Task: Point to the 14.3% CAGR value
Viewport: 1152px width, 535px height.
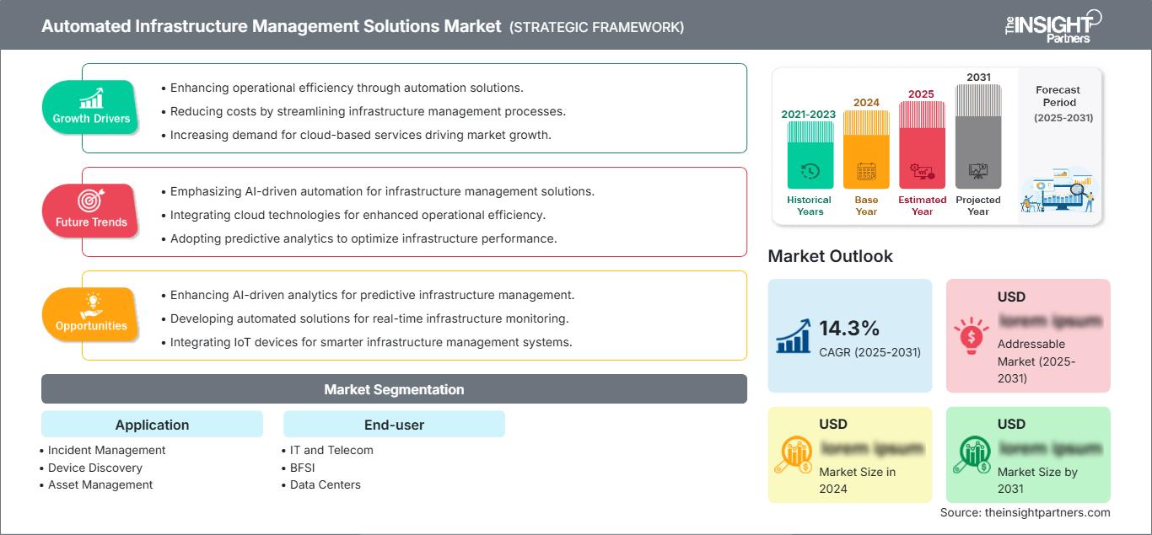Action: tap(849, 328)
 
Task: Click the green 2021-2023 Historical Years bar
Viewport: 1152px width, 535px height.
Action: tap(810, 155)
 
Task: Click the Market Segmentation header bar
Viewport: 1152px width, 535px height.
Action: tap(394, 389)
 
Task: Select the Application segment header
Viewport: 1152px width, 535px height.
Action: tap(152, 425)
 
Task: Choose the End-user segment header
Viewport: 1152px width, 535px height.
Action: tap(394, 425)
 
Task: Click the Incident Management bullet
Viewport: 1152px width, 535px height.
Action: tap(106, 450)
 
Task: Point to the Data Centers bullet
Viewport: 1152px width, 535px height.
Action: tap(325, 484)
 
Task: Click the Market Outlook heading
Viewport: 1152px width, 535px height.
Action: tap(830, 256)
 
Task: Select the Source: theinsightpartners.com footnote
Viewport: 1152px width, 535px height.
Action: tap(1025, 512)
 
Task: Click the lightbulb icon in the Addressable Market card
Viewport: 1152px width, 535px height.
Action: tap(970, 334)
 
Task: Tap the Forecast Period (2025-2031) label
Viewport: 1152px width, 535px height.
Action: tap(1058, 104)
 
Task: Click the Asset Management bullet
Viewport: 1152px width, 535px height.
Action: tap(100, 484)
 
